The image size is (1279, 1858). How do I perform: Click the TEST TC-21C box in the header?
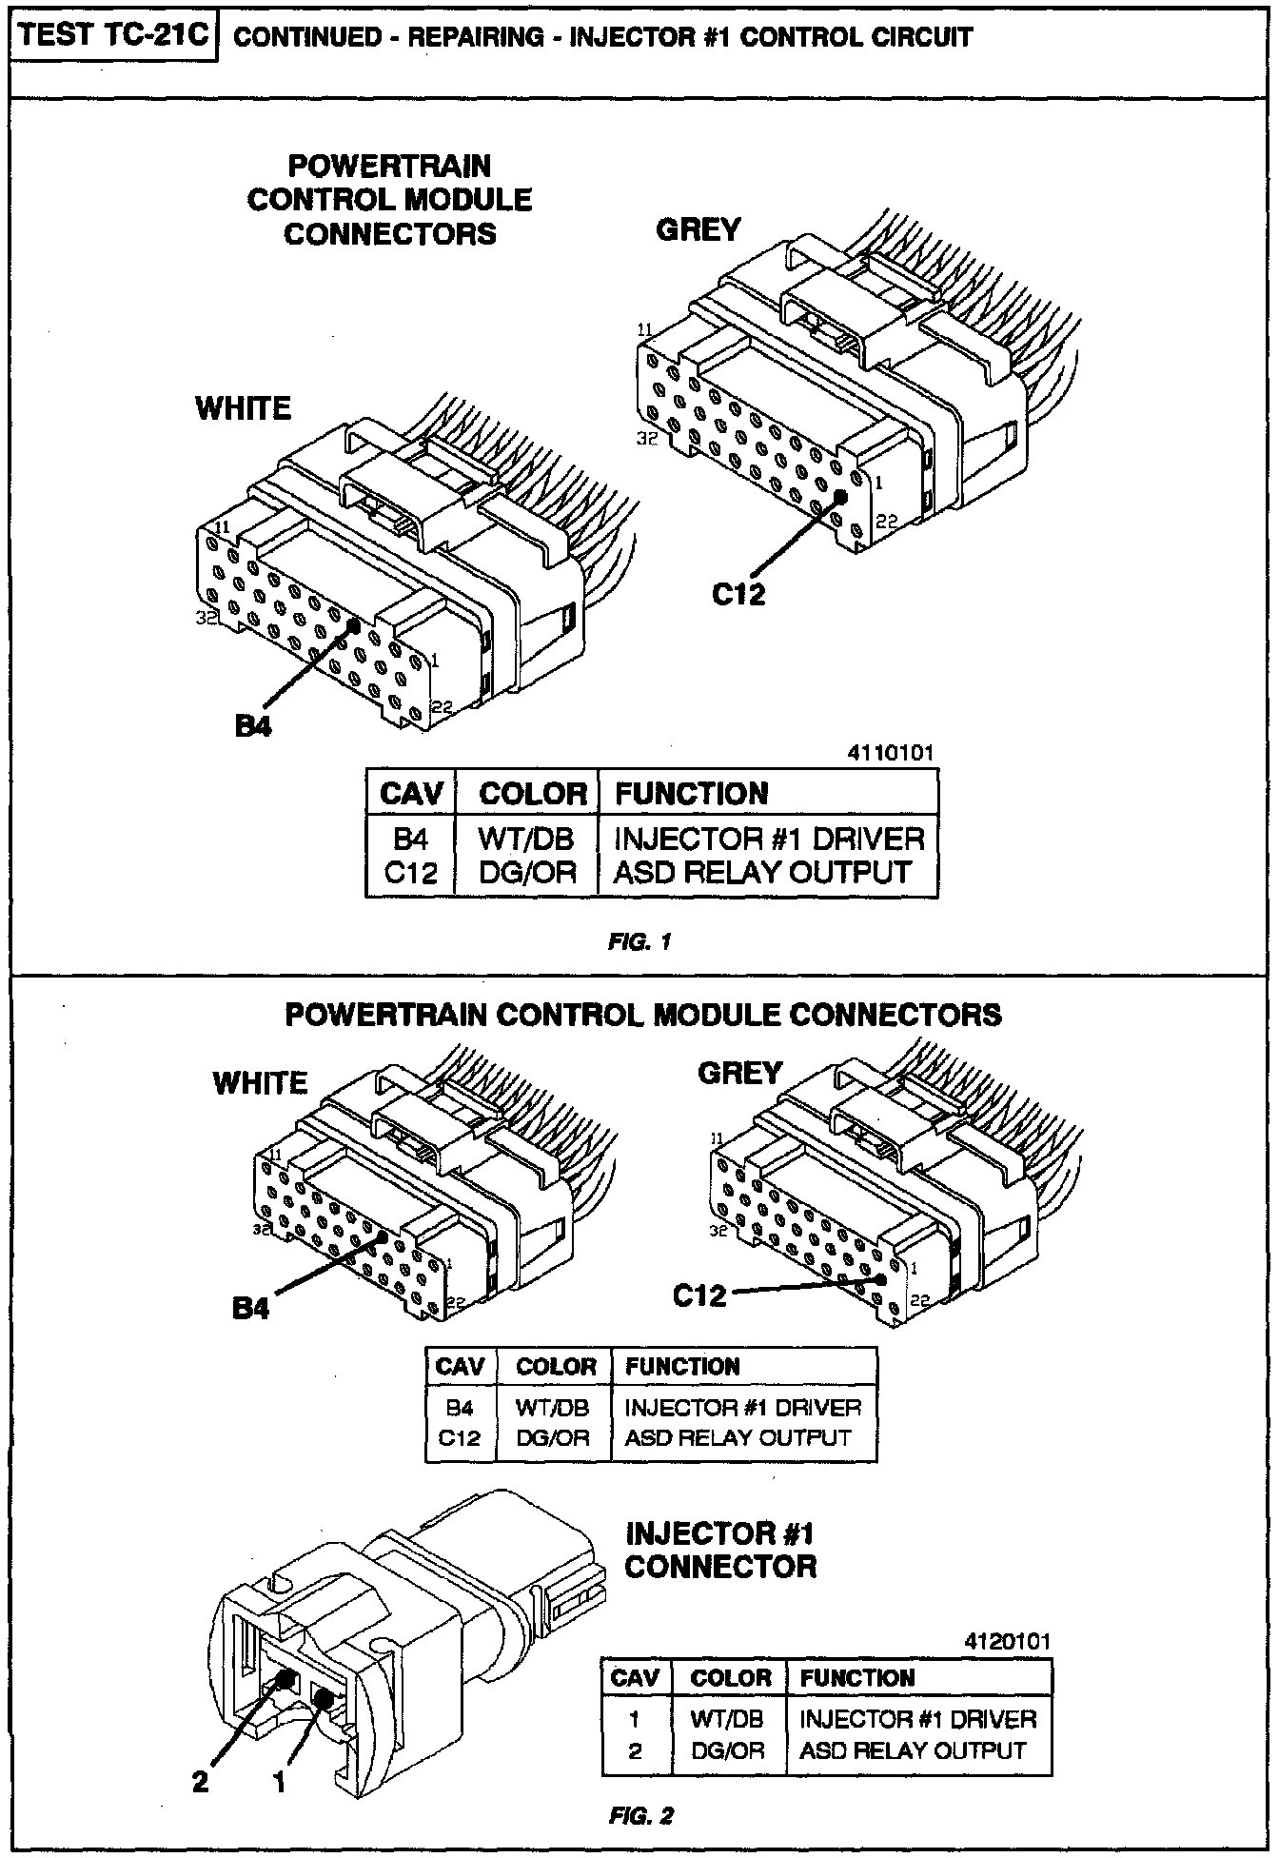pos(112,35)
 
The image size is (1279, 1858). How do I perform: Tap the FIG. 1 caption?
pos(639,942)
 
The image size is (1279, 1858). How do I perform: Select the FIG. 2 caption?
pos(640,1816)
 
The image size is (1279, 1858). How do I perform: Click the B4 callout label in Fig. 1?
pos(253,726)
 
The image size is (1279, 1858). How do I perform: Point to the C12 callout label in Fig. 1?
pos(738,594)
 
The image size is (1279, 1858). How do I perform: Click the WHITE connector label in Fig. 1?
pos(243,408)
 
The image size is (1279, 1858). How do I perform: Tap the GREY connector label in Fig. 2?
pos(739,1074)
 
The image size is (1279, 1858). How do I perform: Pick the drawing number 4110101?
pos(890,753)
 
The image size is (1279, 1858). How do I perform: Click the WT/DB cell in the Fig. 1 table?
pos(526,839)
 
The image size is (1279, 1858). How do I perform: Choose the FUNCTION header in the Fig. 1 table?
pos(691,794)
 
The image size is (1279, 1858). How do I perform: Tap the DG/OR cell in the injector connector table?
pos(728,1750)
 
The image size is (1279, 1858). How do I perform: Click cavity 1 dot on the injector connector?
pos(324,1699)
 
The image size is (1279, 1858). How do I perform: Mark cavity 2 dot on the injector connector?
pos(283,1680)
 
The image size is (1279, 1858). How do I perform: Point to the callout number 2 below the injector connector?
pos(200,1781)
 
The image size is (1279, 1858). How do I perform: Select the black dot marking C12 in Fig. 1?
pos(840,496)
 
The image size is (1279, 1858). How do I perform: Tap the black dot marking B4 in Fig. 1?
pos(354,625)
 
